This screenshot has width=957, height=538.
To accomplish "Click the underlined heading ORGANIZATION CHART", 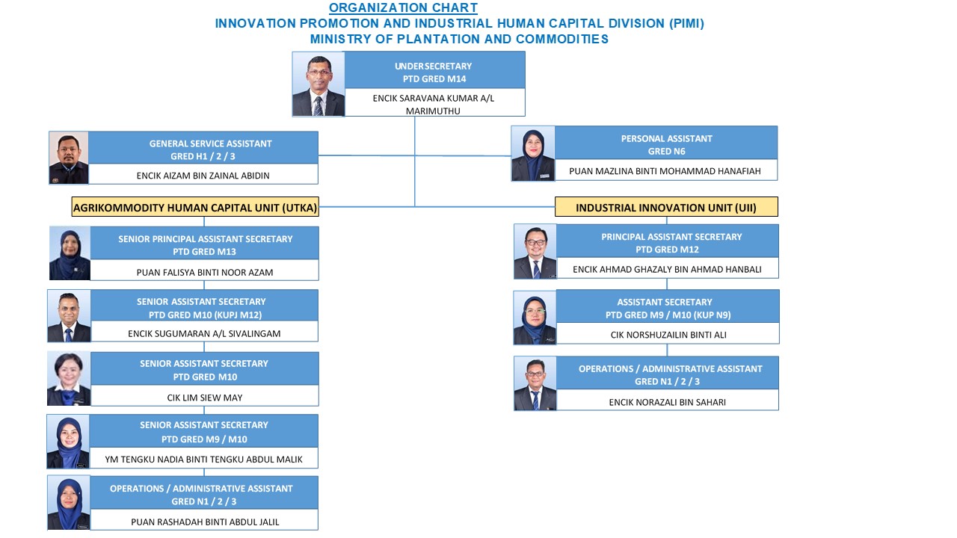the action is [x=403, y=7].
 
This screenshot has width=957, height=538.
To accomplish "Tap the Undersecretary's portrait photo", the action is [x=319, y=84].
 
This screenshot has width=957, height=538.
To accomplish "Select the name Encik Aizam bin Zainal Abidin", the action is [x=203, y=176].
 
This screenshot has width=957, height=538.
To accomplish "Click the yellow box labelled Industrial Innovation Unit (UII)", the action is [x=666, y=207].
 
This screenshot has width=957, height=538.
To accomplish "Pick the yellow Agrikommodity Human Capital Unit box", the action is [x=195, y=207].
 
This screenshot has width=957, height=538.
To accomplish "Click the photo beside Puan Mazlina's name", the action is [x=533, y=154].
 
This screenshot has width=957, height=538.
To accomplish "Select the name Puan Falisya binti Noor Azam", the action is [x=205, y=273].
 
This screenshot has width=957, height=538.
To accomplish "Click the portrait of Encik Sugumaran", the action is [x=69, y=316].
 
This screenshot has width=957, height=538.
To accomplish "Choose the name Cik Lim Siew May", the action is [x=205, y=398].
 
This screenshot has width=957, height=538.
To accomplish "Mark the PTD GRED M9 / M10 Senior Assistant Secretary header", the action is [x=204, y=431].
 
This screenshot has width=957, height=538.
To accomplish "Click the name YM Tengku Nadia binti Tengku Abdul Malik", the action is [x=204, y=460].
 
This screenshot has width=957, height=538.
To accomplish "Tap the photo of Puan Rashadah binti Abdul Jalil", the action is [x=69, y=503].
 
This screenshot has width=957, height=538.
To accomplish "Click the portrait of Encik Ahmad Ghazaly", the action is [x=535, y=252].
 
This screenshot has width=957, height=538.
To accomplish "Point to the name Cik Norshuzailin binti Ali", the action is [x=668, y=335].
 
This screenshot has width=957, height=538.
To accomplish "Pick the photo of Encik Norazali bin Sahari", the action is [x=535, y=383].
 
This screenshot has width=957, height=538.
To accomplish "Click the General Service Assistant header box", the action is [x=203, y=148].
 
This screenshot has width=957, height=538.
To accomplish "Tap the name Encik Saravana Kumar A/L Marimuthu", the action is [x=433, y=104].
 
